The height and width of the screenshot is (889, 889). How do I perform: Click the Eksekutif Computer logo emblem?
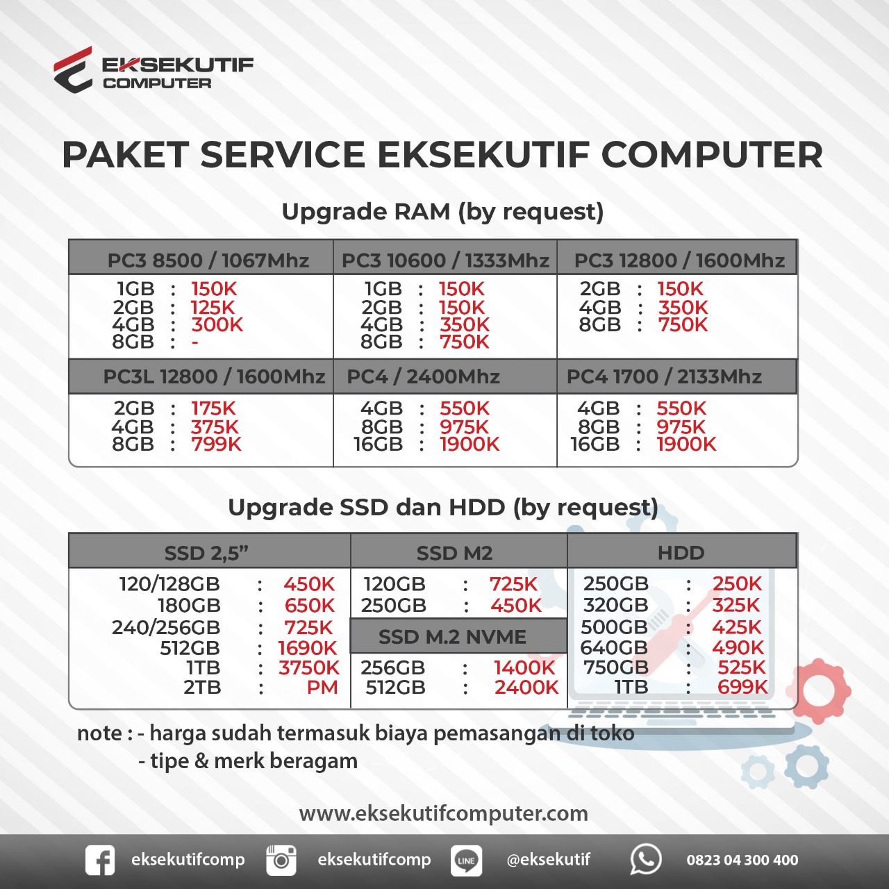(x=74, y=69)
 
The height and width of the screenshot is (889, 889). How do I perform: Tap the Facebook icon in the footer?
(x=100, y=860)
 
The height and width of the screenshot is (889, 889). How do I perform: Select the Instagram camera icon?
(x=281, y=860)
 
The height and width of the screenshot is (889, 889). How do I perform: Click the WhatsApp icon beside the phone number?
(x=645, y=860)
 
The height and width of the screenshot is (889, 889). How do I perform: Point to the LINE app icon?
(x=466, y=861)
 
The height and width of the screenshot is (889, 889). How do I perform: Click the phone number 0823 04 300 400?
(x=742, y=860)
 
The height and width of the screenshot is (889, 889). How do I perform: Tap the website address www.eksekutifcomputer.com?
(x=443, y=813)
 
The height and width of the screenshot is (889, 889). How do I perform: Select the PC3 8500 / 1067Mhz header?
(x=208, y=260)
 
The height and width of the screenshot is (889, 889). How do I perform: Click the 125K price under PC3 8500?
(x=213, y=307)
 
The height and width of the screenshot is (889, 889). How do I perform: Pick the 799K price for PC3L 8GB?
(x=216, y=444)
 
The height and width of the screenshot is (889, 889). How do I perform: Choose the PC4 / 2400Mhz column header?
(x=423, y=376)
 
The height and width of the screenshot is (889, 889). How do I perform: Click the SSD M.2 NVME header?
(x=452, y=637)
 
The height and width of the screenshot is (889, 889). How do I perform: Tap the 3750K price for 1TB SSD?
(x=308, y=668)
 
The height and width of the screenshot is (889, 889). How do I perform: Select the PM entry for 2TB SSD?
(x=322, y=688)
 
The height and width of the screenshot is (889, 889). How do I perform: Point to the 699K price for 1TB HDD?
(x=742, y=688)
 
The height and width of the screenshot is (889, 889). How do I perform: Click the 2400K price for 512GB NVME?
(x=526, y=688)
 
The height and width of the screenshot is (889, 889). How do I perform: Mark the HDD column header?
(x=681, y=553)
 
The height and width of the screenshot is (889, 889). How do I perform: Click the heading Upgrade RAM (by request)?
(x=442, y=212)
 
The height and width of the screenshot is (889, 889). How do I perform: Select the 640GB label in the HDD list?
(x=614, y=648)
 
